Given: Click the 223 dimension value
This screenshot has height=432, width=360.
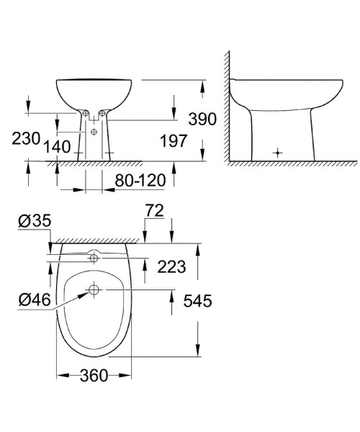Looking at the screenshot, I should coord(171,267).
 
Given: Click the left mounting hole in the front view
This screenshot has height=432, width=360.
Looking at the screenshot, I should coord(84,113).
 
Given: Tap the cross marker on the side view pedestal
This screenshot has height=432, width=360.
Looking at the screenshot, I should coord(279,153).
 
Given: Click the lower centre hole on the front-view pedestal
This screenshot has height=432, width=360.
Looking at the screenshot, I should coord(95,132).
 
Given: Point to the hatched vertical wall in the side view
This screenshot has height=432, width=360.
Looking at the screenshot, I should coord(225,108).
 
